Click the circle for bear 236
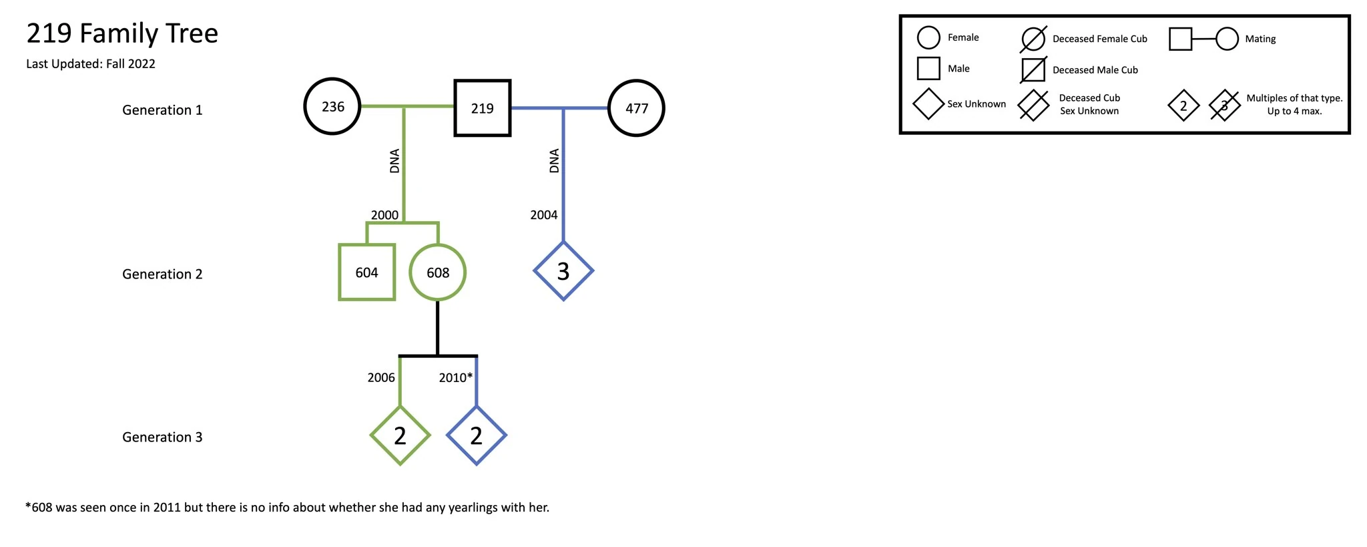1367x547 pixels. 332,107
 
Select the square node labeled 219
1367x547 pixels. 483,108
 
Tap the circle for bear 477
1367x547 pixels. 636,108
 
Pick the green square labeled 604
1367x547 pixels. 366,272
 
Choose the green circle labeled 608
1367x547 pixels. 438,272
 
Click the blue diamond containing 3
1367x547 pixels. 563,271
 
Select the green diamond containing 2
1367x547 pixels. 400,435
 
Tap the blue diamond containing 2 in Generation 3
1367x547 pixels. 476,435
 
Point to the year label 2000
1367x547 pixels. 384,215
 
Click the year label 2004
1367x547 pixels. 543,215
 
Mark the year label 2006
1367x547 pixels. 381,377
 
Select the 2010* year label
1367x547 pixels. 455,377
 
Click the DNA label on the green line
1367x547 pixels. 394,161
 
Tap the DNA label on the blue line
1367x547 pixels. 554,161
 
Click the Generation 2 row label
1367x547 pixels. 162,274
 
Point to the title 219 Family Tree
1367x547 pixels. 122,33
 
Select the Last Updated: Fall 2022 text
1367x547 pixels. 91,64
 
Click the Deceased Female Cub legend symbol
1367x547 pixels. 1033,39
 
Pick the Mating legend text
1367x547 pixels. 1260,39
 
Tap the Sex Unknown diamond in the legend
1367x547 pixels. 928,104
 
